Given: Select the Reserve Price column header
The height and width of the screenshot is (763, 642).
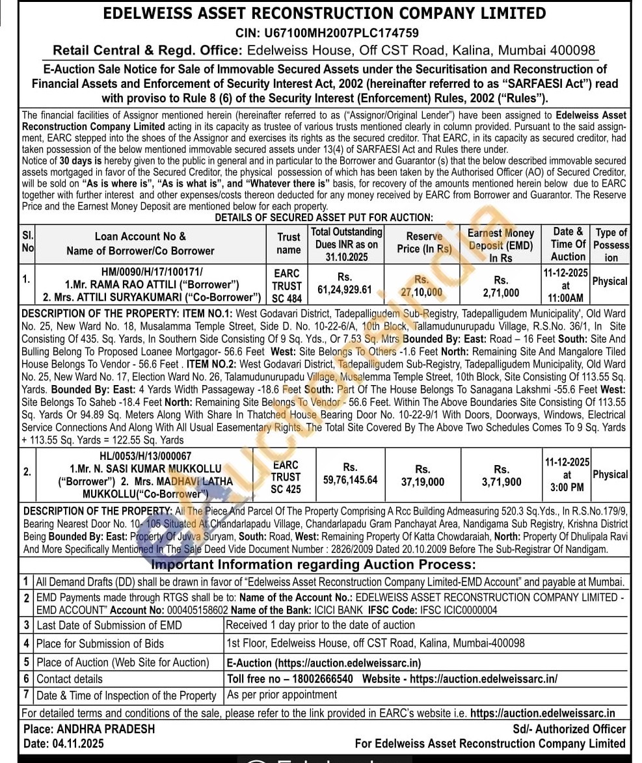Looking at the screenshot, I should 424,243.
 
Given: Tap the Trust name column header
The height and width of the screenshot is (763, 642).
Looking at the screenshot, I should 288,243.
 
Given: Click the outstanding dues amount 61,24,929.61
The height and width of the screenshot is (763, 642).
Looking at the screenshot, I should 345,289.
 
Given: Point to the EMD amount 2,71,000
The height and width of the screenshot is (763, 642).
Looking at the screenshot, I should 502,293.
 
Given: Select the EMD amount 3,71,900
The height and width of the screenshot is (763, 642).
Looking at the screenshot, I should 502,481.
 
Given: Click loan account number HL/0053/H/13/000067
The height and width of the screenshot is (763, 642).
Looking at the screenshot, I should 137,457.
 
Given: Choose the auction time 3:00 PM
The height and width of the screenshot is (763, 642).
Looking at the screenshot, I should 567,487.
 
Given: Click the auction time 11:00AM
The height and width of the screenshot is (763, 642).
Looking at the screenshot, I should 567,298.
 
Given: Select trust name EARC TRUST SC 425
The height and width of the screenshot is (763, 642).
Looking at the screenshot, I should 286,477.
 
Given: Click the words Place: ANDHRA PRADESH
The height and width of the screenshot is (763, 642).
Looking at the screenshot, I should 89,729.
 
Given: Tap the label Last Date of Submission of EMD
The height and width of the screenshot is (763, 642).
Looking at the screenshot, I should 109,625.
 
